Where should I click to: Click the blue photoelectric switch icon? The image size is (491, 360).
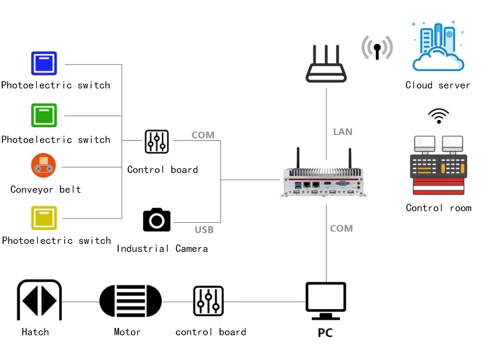pos(44,63)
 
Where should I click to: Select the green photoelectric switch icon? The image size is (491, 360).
pos(44,115)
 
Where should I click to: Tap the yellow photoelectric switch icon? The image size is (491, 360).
pos(44,218)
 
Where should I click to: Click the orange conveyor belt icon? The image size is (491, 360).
pos(44,165)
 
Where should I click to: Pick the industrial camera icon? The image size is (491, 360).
pos(157,220)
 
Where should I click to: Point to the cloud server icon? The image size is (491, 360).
pos(438,46)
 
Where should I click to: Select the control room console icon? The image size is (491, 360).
pos(438,165)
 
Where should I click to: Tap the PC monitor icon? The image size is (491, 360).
pos(326,300)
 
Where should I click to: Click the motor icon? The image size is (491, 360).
pos(130,301)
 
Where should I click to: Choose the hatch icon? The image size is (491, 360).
pos(39,300)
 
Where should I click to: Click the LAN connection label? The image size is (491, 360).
pos(343,132)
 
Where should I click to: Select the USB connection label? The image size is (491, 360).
pos(204,230)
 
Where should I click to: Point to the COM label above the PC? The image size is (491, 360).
pos(341,229)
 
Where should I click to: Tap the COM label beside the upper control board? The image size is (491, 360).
pos(203,135)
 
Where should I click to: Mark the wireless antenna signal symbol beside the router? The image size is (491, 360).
pos(377,48)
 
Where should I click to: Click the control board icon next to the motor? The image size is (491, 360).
pos(208,301)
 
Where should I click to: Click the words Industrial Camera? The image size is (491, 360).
pos(162,249)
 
